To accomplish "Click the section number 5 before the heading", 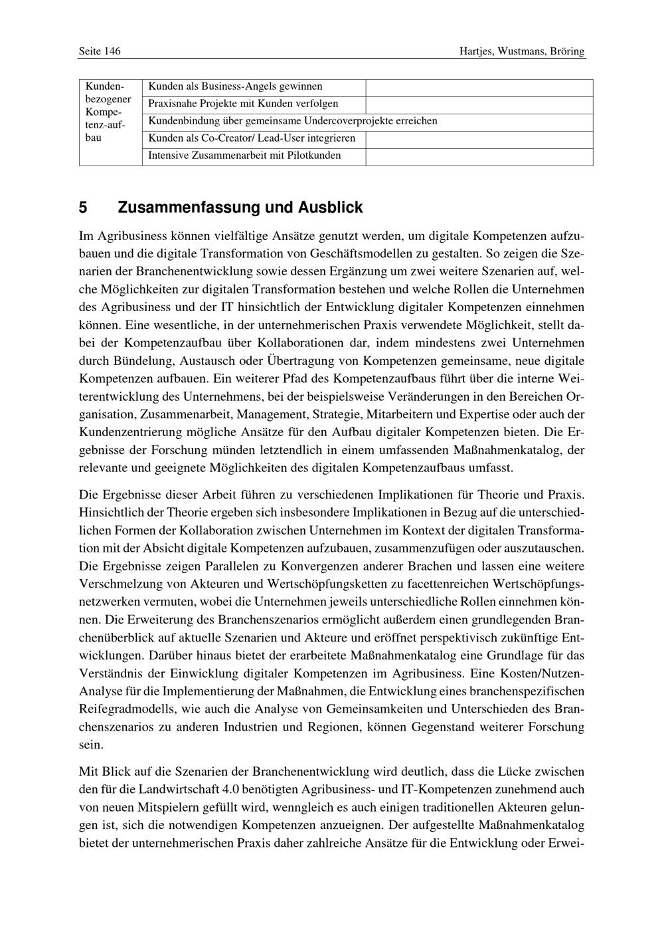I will (x=83, y=207).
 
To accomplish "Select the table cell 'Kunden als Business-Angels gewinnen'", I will (x=235, y=86).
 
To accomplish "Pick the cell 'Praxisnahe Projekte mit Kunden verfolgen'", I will (x=243, y=104).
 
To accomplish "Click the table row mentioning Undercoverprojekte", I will (x=293, y=121).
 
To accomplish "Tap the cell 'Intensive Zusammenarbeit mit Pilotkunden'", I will (x=244, y=156).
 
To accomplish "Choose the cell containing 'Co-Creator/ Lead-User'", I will (x=252, y=138).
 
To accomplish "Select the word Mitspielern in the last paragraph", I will (x=159, y=808).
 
